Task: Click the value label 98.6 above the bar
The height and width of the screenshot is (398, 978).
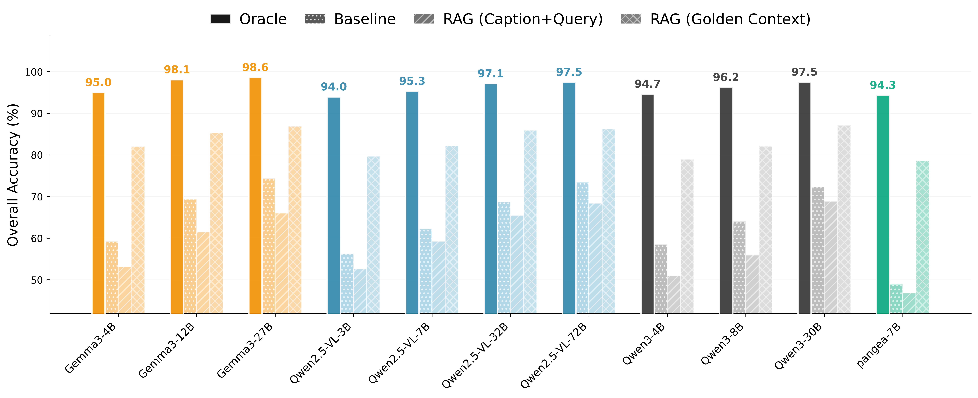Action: point(255,68)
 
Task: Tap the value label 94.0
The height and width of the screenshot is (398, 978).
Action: point(334,87)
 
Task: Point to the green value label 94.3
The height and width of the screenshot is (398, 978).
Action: point(883,85)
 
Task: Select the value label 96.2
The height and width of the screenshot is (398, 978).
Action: point(726,77)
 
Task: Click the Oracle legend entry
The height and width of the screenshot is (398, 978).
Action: point(249,19)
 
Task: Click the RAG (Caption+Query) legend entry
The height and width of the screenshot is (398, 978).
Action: point(508,19)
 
